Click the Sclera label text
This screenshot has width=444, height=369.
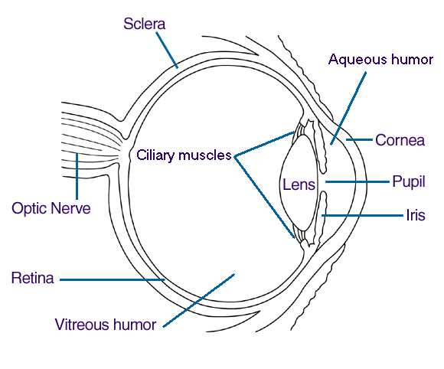(x=144, y=24)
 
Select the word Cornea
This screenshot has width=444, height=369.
(x=399, y=140)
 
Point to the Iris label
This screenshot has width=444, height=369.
(x=414, y=215)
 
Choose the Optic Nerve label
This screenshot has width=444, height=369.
(x=51, y=207)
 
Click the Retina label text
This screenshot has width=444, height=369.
(x=32, y=278)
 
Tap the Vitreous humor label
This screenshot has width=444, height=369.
(x=106, y=324)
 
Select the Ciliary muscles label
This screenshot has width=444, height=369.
(x=184, y=155)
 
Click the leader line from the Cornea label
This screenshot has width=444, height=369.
(x=360, y=140)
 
